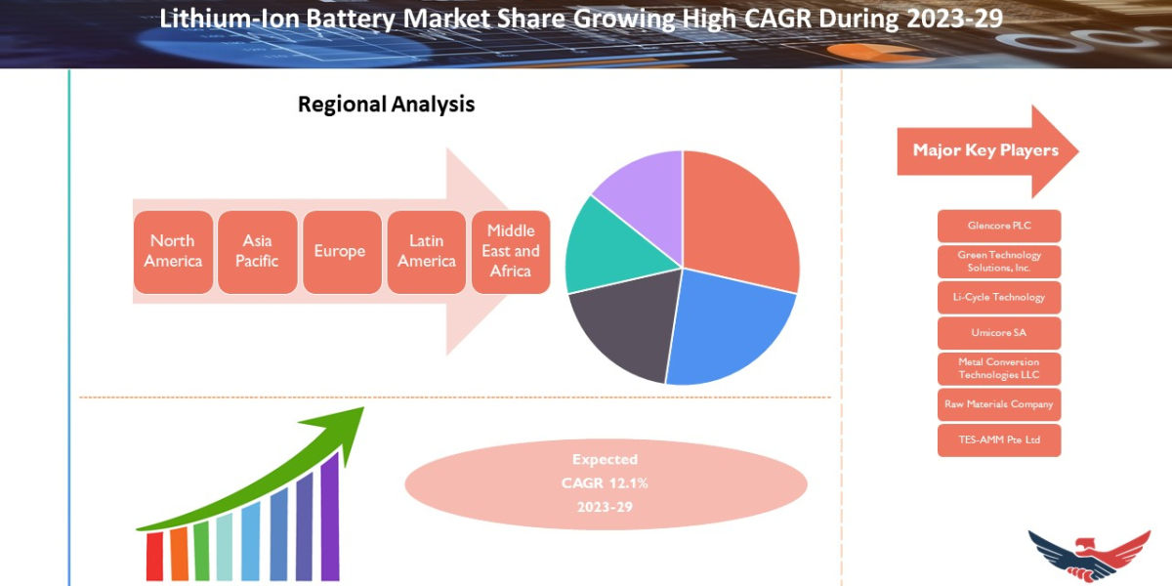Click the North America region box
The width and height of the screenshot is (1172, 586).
tap(173, 251)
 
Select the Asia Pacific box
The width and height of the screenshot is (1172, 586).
tap(257, 251)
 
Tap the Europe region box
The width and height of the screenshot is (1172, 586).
tap(341, 251)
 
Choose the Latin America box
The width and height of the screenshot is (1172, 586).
tap(426, 251)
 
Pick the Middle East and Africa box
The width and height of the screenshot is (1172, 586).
tap(511, 251)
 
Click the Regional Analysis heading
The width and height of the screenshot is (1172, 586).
tap(386, 105)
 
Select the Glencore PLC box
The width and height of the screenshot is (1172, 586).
tap(998, 226)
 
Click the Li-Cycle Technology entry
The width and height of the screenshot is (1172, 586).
tap(998, 297)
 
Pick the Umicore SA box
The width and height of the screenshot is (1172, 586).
tap(998, 333)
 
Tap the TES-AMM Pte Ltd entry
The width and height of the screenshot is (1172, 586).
tap(998, 440)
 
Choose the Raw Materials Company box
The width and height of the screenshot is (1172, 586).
tap(998, 404)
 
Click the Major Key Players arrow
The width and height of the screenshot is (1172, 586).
tap(986, 150)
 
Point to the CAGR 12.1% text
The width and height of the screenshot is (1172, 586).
tap(605, 482)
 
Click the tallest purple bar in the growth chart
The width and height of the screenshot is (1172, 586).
tap(329, 518)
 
